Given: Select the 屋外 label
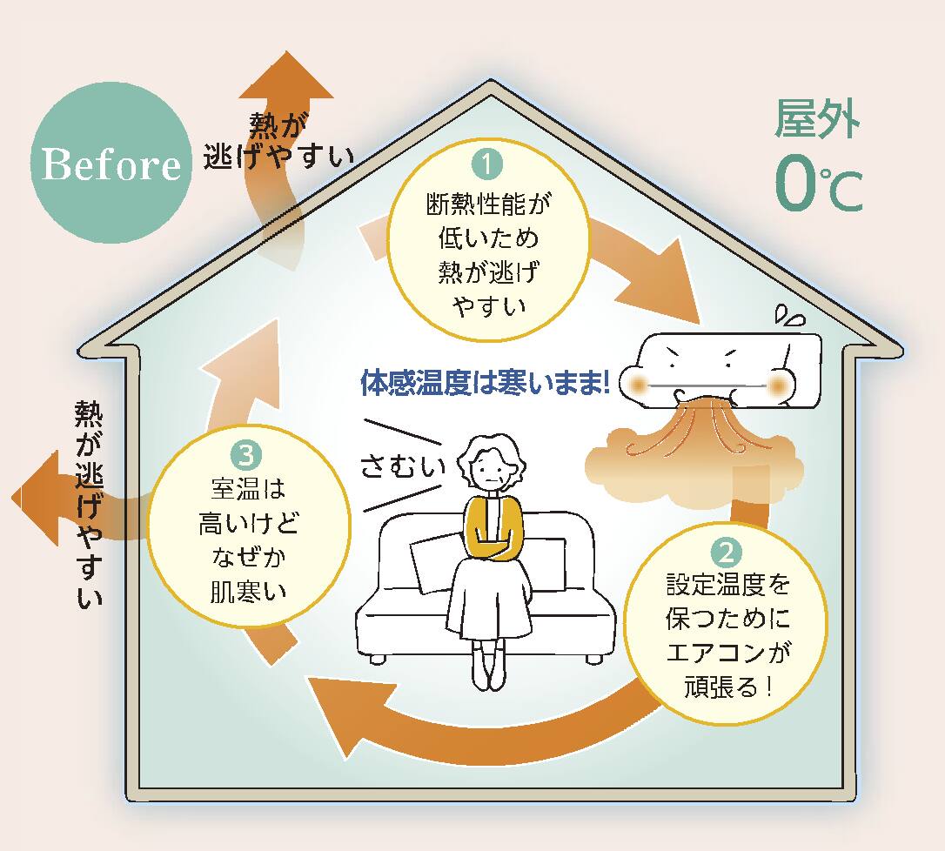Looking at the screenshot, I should (817, 120).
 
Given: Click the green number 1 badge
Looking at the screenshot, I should (488, 163).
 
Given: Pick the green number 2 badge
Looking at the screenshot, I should (727, 552).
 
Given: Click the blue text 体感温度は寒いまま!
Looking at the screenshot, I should (485, 384).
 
